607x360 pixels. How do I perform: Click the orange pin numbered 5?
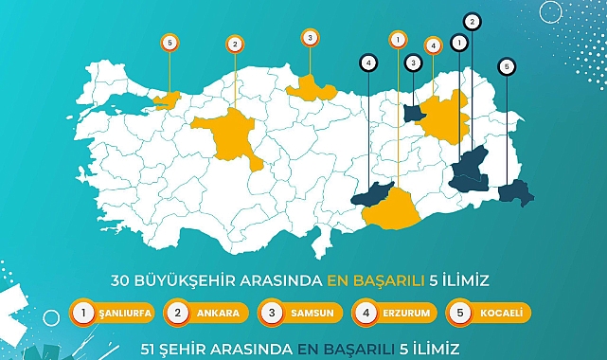(x=169, y=42)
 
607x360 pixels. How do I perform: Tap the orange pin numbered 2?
(x=235, y=43)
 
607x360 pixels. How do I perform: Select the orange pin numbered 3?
(x=309, y=37)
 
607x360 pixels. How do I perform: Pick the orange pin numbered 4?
(x=433, y=45)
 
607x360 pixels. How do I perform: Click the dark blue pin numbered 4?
(x=367, y=62)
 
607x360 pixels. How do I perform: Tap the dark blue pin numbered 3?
(x=413, y=63)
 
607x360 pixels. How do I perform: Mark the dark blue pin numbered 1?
(x=459, y=42)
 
